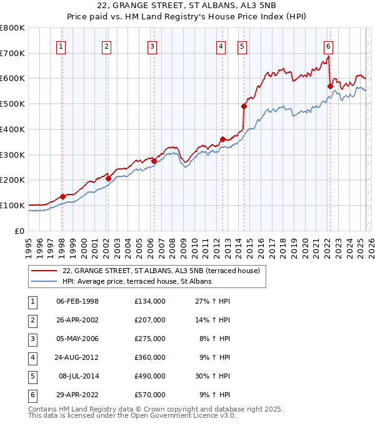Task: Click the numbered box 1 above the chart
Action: [x=61, y=46]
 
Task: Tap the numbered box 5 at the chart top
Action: [x=242, y=46]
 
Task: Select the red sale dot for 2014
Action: [x=244, y=106]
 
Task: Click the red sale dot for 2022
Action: [x=330, y=86]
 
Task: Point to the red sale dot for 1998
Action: [x=62, y=197]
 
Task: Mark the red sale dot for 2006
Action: [x=154, y=161]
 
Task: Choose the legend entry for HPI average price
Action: [x=137, y=281]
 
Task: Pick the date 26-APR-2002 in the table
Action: [x=77, y=320]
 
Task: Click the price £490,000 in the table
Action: [x=150, y=376]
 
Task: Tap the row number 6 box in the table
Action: [x=32, y=395]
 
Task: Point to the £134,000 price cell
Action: [x=150, y=301]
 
